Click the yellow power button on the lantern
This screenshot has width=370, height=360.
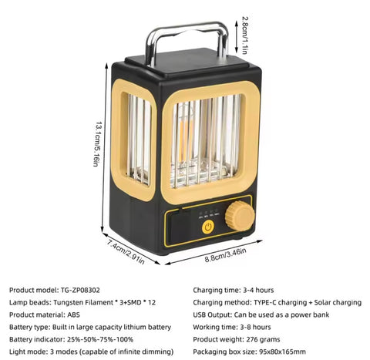[x=207, y=227]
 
